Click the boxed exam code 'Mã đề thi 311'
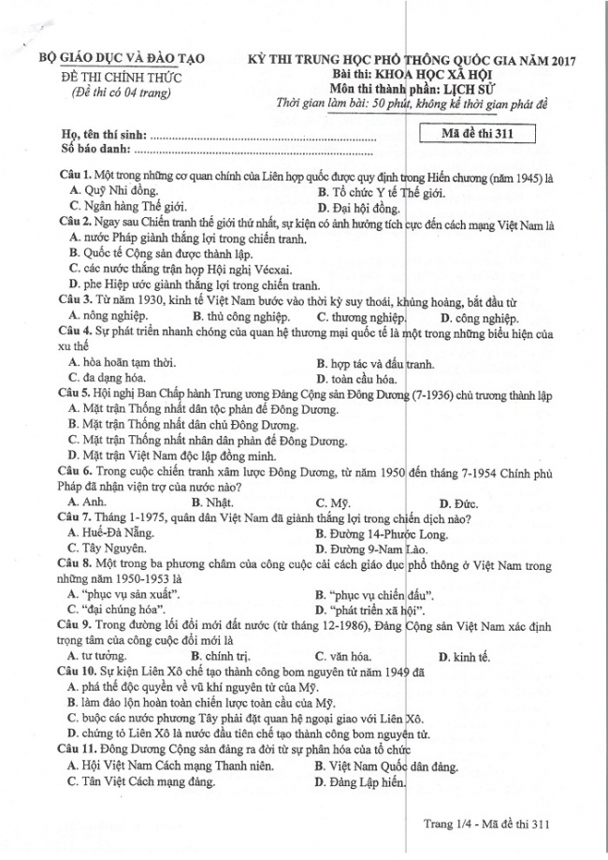(478, 134)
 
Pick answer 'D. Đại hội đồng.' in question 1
(358, 207)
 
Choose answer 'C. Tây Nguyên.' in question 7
(108, 548)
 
